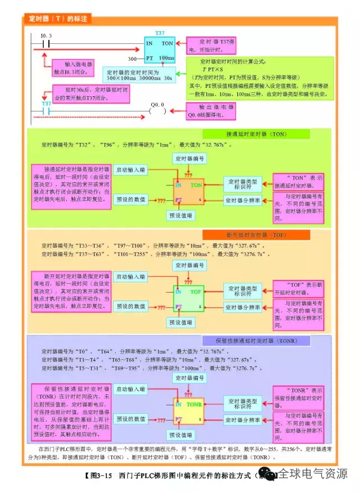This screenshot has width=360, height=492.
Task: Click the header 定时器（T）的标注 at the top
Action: pyautogui.click(x=58, y=19)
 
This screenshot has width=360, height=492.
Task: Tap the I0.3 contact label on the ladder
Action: pyautogui.click(x=47, y=36)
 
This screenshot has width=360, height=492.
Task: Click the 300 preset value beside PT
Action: pyautogui.click(x=133, y=59)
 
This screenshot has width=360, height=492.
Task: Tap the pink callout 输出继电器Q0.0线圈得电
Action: pyautogui.click(x=211, y=110)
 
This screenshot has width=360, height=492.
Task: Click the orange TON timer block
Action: pyautogui.click(x=188, y=191)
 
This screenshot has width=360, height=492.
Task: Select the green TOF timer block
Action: pyautogui.click(x=188, y=299)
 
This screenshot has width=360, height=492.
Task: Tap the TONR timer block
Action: pyautogui.click(x=188, y=412)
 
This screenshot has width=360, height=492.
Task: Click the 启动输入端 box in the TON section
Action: pyautogui.click(x=130, y=169)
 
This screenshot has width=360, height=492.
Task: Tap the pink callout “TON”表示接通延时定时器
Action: pyautogui.click(x=299, y=181)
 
